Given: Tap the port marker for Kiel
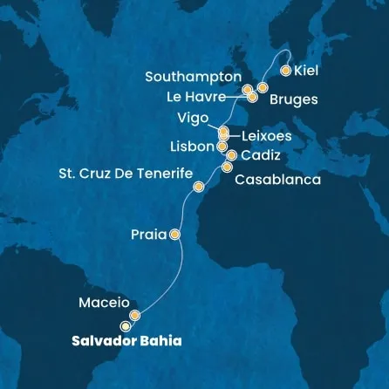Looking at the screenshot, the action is [x=285, y=71].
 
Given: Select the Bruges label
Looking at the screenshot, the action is [x=294, y=99].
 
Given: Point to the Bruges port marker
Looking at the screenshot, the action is [x=262, y=88].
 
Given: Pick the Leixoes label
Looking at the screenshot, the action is [x=266, y=136].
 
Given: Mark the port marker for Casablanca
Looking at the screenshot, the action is [x=228, y=167].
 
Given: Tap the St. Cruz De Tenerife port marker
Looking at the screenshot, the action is [x=199, y=187].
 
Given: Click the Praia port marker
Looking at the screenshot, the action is [x=174, y=234].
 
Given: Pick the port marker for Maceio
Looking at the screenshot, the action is [x=134, y=315].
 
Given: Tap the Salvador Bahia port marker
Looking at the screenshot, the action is [x=126, y=326].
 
